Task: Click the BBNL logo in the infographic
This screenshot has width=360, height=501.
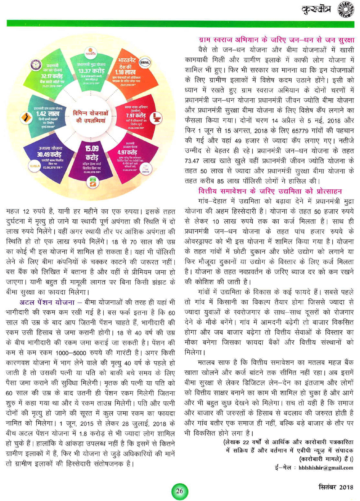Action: point(145,62)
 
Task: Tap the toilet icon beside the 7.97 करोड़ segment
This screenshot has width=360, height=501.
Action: point(156,118)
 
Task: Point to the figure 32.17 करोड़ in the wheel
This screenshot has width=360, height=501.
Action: point(52,76)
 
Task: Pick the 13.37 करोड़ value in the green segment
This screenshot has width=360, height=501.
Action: point(91,71)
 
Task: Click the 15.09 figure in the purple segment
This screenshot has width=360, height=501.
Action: point(92,148)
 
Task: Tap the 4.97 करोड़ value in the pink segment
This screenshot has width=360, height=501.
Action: point(127,152)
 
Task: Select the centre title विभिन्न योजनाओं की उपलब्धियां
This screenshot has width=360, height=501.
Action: point(91,117)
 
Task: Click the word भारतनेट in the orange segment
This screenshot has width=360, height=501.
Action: point(127,60)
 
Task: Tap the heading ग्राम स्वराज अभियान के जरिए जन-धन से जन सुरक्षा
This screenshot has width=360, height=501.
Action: point(276,40)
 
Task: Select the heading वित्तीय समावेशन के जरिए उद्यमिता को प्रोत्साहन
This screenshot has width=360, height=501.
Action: point(270,191)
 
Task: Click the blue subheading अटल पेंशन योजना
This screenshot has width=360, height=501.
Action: point(47,302)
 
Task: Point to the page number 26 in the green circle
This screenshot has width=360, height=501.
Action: point(179,491)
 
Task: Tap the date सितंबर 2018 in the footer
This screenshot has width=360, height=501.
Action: point(336,487)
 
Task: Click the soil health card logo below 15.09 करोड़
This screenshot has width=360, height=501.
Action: point(93,183)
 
